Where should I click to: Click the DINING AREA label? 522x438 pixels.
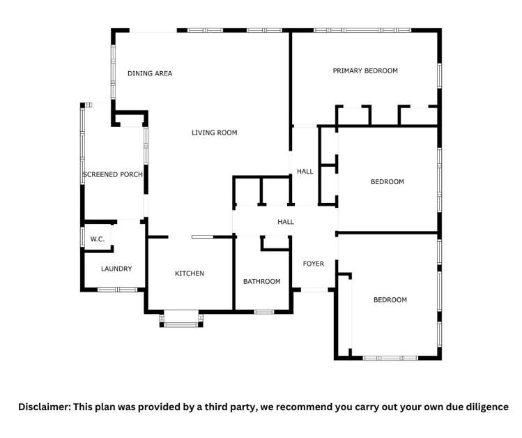point(149,73)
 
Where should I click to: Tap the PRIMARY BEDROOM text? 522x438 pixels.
point(364,70)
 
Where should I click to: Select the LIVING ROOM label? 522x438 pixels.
point(214,133)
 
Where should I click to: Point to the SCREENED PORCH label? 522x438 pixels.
point(113,174)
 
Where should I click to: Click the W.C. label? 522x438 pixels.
point(97,239)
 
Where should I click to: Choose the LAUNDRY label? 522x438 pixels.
point(116,269)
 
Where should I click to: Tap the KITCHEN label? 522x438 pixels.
point(189,273)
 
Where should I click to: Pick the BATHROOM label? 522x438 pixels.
point(261,281)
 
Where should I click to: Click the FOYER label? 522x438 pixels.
point(313,264)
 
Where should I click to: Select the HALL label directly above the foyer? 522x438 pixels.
point(286,222)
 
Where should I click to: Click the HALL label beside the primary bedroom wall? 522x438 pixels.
point(305,171)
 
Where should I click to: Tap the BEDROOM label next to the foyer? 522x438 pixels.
point(390,300)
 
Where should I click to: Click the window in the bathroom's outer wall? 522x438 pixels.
point(263,311)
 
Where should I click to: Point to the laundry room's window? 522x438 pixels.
point(112,289)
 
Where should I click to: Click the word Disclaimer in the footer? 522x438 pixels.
point(43,407)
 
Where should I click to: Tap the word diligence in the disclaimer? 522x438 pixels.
point(486,407)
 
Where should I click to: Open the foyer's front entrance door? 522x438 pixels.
point(314,289)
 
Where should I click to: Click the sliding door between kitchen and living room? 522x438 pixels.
point(203,237)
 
